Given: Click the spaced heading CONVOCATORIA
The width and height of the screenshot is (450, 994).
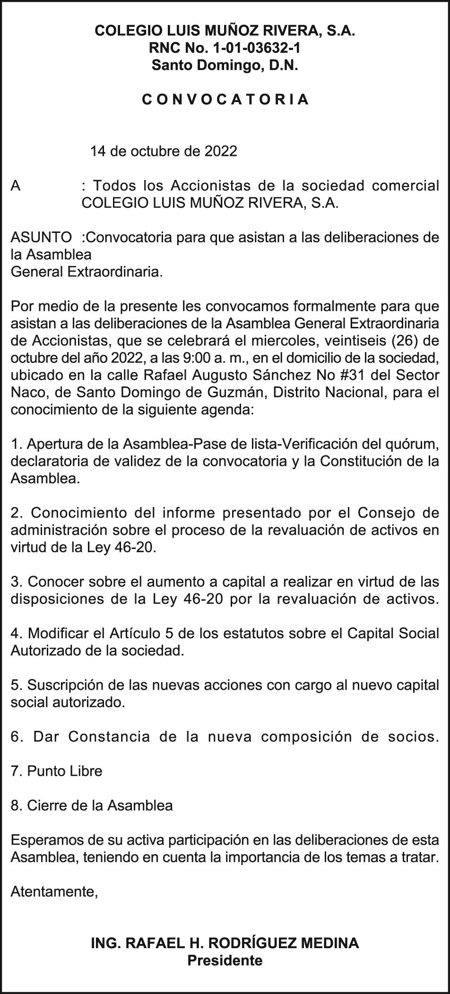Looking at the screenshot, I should pos(225,100).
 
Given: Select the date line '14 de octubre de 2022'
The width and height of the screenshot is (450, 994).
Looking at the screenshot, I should pos(164,151).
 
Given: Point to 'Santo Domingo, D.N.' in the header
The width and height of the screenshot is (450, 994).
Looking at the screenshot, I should pos(225,65).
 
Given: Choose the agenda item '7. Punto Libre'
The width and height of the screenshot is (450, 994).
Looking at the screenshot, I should pos(56,771).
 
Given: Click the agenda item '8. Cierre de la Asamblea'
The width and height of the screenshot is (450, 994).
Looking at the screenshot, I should pos(92,805).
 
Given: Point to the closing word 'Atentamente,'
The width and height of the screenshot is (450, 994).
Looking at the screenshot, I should pos(54,891).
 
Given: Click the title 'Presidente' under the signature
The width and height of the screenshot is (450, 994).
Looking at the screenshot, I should pos(225,960).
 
